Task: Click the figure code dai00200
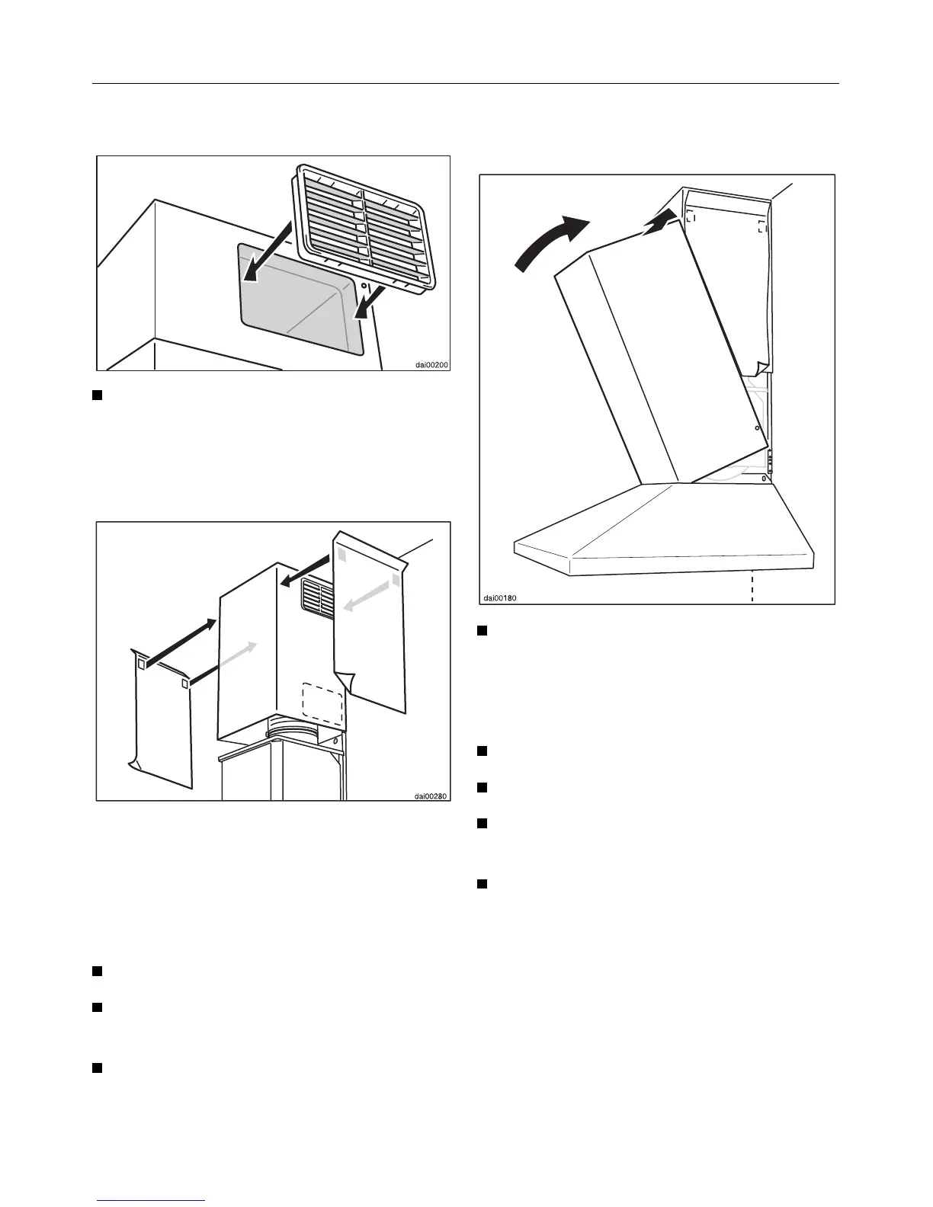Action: (x=431, y=365)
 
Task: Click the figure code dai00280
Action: (x=431, y=796)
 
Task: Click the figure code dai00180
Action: (x=499, y=597)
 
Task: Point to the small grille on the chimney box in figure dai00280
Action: (x=317, y=597)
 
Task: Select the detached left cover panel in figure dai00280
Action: (x=161, y=716)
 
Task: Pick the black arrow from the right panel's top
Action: (x=308, y=571)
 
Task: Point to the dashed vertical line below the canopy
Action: (x=752, y=587)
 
